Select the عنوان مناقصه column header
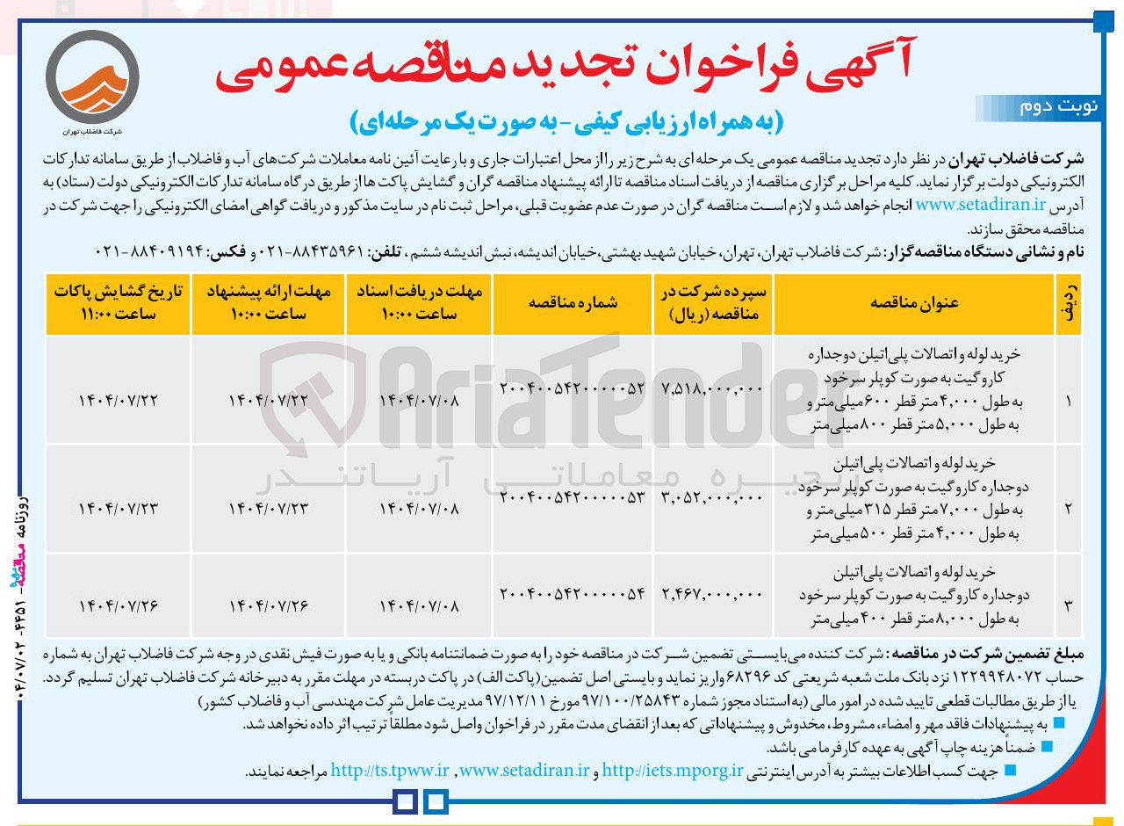pos(914,303)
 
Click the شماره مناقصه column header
pos(573,303)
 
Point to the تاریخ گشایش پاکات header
pos(119,303)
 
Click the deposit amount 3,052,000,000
pos(713,497)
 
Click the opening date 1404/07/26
pos(119,606)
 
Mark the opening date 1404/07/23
pos(119,509)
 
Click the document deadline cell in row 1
pos(418,401)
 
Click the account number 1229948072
pos(1022,677)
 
